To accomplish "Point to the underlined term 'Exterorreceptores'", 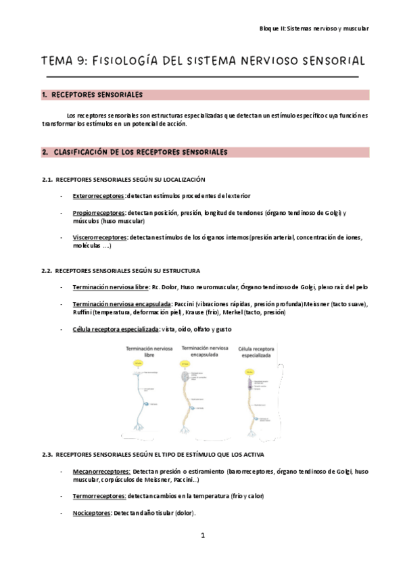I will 98,196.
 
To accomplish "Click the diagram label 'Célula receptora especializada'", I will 255,351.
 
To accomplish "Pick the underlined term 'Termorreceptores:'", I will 99,495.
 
